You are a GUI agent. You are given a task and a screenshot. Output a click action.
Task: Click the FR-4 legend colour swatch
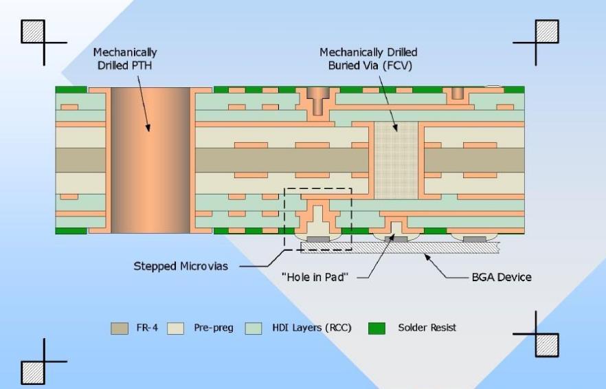[120, 328]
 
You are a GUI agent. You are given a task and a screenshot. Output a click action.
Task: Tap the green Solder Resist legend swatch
[377, 328]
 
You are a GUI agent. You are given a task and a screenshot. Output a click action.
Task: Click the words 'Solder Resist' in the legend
[427, 328]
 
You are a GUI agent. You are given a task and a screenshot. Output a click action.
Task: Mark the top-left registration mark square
[33, 30]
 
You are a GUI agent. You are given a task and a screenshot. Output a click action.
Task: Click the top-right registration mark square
[547, 30]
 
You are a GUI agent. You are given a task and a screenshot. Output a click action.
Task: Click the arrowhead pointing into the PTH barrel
[148, 127]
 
